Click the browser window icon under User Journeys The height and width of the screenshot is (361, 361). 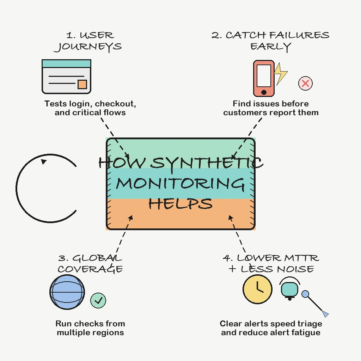click(66, 77)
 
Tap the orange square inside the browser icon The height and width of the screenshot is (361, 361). click(82, 84)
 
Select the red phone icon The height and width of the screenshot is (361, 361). click(264, 78)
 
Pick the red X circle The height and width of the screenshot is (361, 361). click(305, 84)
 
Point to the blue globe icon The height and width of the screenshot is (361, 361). click(67, 292)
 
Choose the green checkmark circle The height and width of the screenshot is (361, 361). click(98, 300)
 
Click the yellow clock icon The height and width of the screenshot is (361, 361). click(257, 289)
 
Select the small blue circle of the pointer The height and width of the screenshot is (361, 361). click(305, 294)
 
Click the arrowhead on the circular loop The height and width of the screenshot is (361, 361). click(44, 161)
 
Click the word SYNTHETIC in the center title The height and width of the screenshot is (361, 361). click(207, 163)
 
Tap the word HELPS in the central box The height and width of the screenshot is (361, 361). click(180, 203)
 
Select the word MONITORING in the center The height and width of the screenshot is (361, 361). click(180, 183)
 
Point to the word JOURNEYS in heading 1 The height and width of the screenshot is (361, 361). click(88, 47)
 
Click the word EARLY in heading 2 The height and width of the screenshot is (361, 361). click(271, 47)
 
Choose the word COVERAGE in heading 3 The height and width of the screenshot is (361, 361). click(90, 269)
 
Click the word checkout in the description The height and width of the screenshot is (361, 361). click(115, 104)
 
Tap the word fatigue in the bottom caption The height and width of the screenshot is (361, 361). click(304, 332)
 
